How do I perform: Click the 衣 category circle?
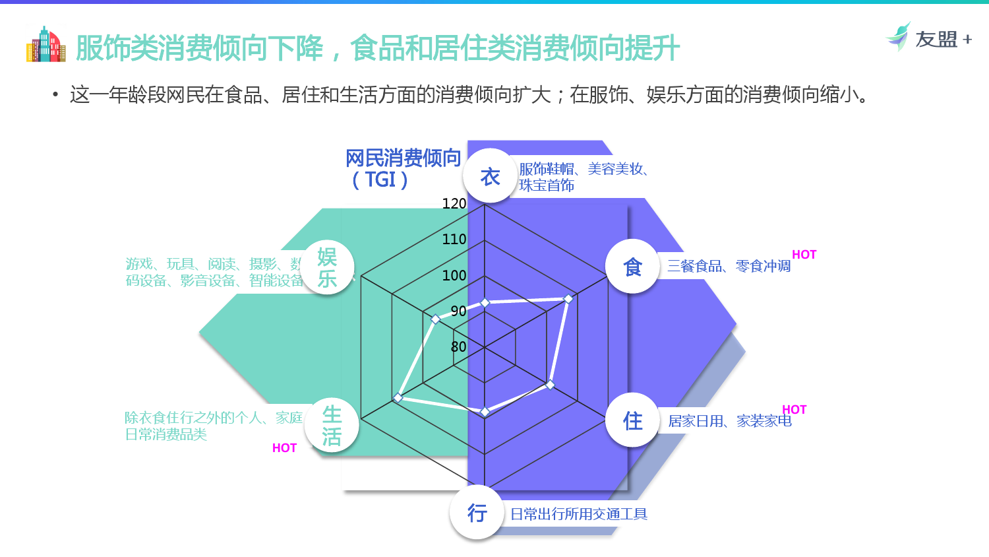pos(490,176)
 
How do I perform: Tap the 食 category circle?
pos(632,267)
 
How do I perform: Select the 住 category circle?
pos(632,420)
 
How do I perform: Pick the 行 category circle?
pos(477,513)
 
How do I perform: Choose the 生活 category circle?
pos(332,426)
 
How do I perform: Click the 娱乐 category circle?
pos(327,267)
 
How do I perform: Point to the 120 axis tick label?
pos(454,204)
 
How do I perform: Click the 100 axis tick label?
pos(454,275)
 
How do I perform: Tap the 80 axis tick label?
pos(458,346)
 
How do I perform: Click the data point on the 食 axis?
pos(568,299)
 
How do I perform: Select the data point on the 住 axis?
pos(551,385)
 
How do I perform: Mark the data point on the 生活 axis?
pos(398,397)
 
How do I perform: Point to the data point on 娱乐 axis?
pos(435,319)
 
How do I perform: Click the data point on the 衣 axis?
pos(485,303)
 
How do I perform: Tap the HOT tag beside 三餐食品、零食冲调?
pos(804,255)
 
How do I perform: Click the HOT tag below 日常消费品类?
pos(284,448)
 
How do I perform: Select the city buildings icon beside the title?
pos(45,45)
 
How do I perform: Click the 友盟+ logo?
pos(929,38)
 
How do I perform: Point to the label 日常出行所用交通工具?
pos(579,514)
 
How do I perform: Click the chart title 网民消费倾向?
pos(403,158)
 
